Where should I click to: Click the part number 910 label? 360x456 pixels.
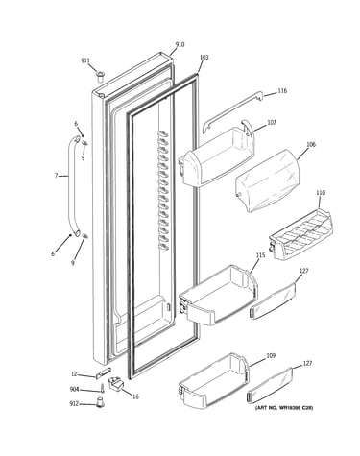[x=180, y=45]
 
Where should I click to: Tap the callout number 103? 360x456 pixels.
[x=204, y=58]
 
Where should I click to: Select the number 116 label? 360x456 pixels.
[x=282, y=91]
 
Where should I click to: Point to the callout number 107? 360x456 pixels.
[x=272, y=122]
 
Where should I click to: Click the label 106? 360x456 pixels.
[x=311, y=144]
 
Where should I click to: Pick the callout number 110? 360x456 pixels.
[x=321, y=193]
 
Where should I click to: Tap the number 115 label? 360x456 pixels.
[x=260, y=255]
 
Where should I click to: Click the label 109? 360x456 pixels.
[x=271, y=356]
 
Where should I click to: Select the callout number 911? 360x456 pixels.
[x=84, y=60]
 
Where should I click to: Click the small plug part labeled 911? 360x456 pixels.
[x=100, y=77]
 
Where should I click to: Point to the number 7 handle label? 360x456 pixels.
[x=56, y=176]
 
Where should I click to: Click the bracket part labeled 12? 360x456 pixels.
[x=104, y=373]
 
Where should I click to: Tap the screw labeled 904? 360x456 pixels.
[x=103, y=389]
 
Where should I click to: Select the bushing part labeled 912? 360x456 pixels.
[x=101, y=402]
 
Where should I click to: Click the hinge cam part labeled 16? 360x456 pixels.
[x=115, y=383]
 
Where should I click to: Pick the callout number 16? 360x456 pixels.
[x=135, y=396]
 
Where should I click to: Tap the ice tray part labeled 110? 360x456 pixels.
[x=300, y=234]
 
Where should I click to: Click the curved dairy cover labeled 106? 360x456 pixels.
[x=267, y=180]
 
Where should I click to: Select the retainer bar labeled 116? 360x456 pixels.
[x=232, y=111]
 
